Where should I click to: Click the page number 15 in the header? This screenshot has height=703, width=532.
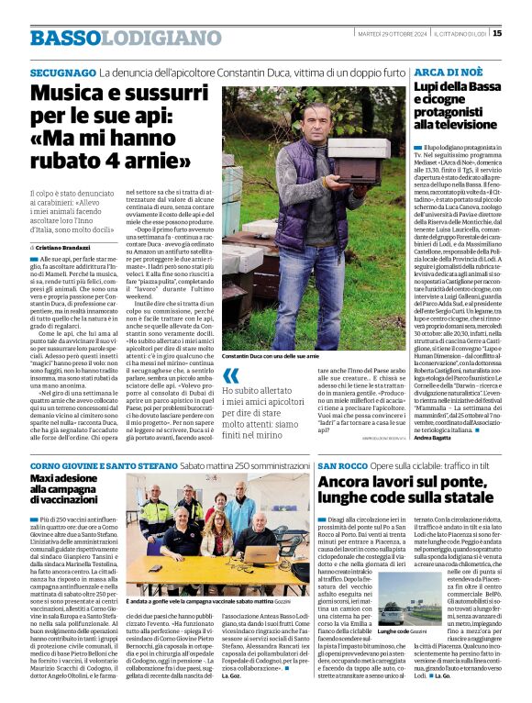496,34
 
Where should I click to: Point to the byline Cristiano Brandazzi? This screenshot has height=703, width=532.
64,249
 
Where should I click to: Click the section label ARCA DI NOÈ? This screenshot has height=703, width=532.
444,72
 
